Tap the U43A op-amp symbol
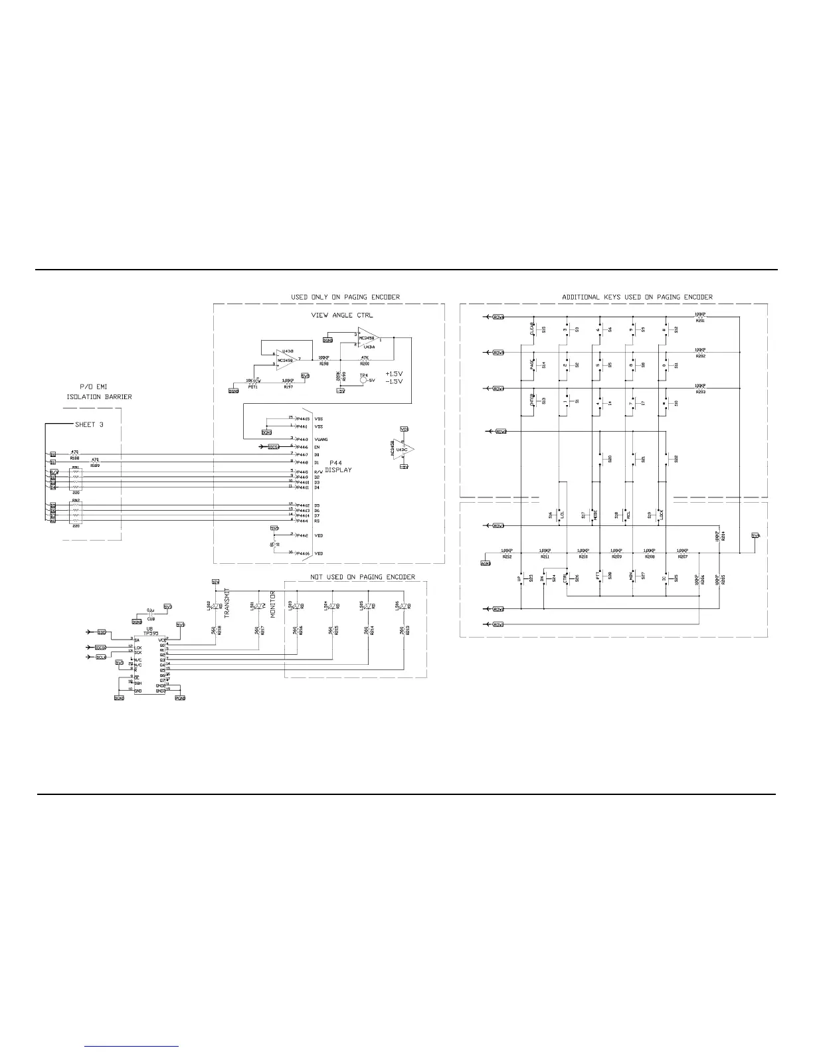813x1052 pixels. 369,339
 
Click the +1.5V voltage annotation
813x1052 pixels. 395,374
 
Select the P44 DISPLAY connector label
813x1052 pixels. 338,466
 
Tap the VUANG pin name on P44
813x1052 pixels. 321,440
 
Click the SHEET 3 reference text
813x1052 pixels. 89,424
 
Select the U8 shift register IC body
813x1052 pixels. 149,665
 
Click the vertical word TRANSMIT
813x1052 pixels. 226,604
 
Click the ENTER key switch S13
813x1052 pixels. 535,400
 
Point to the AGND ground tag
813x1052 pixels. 485,563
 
